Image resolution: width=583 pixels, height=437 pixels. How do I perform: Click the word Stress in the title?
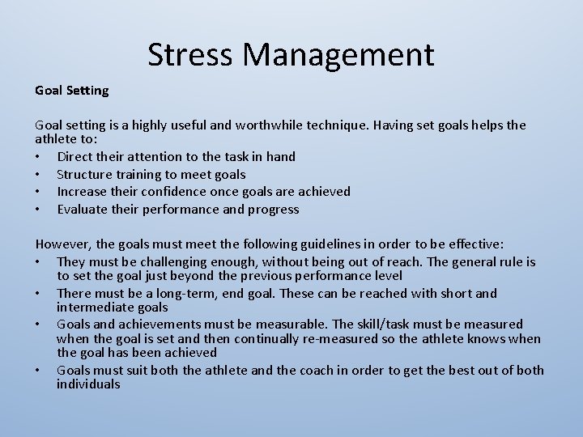(x=190, y=54)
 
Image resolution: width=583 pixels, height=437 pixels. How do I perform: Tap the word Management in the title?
(x=338, y=54)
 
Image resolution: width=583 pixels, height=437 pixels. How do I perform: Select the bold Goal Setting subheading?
(x=71, y=90)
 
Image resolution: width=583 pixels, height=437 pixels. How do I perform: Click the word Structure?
(x=85, y=174)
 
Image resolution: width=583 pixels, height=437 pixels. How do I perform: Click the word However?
(x=64, y=244)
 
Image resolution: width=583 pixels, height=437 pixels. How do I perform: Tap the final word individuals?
(x=88, y=384)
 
